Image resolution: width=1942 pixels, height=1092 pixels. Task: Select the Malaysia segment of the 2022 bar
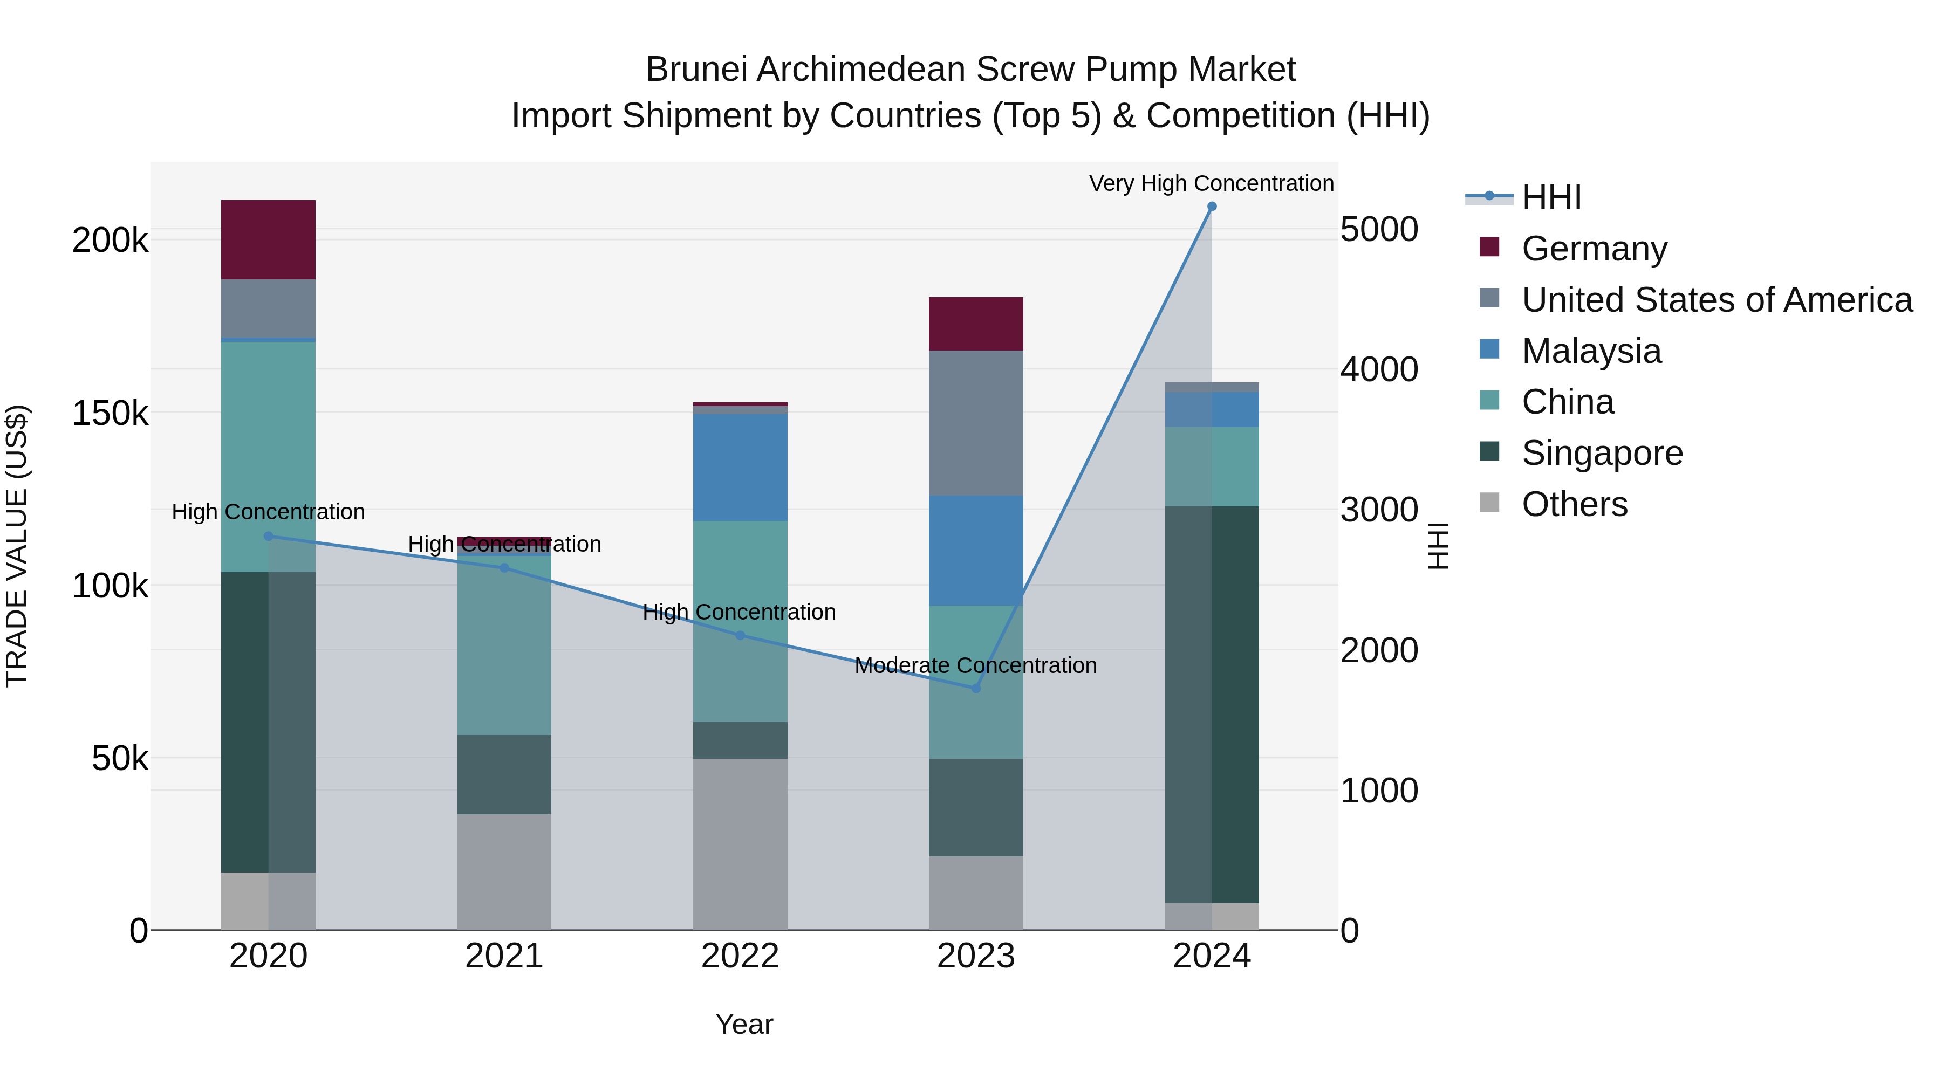pyautogui.click(x=740, y=467)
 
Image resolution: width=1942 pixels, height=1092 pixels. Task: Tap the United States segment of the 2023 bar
pyautogui.click(x=975, y=423)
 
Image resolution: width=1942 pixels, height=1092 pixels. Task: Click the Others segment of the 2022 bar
pyautogui.click(x=740, y=844)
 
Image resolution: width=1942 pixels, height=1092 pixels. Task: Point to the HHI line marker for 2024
pyautogui.click(x=1212, y=207)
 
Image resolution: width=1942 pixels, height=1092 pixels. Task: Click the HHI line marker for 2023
pyautogui.click(x=975, y=688)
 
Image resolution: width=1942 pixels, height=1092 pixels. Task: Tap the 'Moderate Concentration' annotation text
pyautogui.click(x=975, y=665)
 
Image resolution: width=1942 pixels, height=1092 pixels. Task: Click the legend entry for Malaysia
pyautogui.click(x=1591, y=351)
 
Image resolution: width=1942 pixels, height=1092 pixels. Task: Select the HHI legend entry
pyautogui.click(x=1551, y=197)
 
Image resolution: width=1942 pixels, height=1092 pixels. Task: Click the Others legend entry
pyautogui.click(x=1574, y=504)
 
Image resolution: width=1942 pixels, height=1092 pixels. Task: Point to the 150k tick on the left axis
pyautogui.click(x=110, y=413)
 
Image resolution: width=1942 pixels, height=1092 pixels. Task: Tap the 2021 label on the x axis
pyautogui.click(x=504, y=956)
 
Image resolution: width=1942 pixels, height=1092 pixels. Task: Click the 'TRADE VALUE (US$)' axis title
pyautogui.click(x=17, y=546)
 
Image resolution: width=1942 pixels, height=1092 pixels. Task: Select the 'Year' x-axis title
pyautogui.click(x=743, y=1024)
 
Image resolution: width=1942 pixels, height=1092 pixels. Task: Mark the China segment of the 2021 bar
pyautogui.click(x=504, y=644)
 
